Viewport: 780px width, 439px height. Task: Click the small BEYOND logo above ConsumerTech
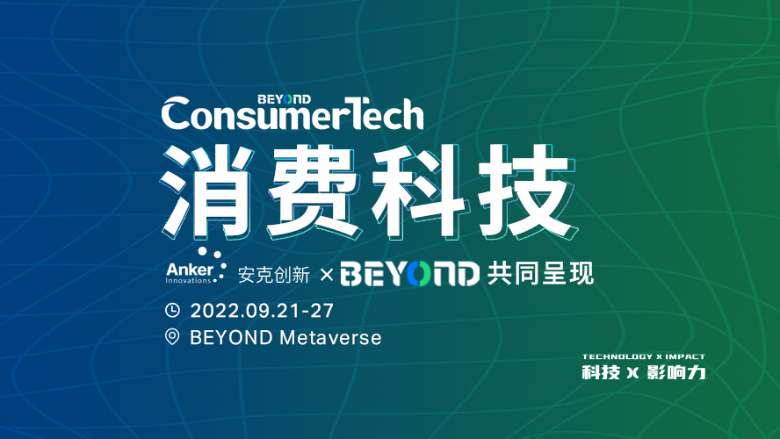(284, 99)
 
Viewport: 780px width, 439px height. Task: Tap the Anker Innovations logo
(196, 266)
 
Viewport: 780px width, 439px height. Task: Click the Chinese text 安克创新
(273, 275)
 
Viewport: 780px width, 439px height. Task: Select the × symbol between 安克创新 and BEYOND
(327, 274)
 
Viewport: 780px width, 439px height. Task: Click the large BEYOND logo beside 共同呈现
(410, 273)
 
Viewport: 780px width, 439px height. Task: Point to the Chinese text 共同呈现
(540, 273)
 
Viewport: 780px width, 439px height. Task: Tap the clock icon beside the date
(172, 310)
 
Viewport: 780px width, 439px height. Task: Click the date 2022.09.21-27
(262, 311)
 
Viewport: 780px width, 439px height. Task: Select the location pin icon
(172, 336)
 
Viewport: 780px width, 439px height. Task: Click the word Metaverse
(330, 338)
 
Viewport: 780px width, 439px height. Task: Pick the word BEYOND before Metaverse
(231, 338)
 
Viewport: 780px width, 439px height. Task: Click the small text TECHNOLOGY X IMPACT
(644, 356)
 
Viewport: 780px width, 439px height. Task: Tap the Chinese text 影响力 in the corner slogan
(676, 372)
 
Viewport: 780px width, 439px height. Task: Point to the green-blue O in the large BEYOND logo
(418, 274)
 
